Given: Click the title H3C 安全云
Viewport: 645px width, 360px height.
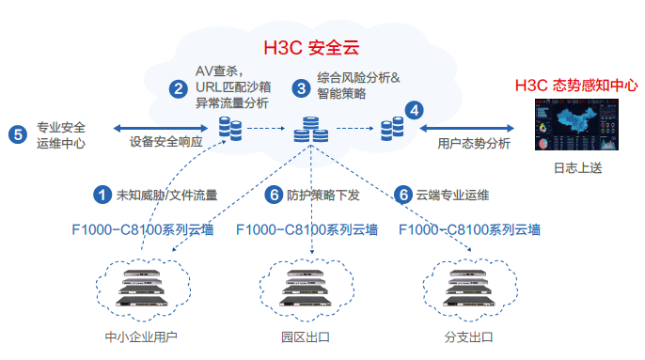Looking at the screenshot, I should point(316,45).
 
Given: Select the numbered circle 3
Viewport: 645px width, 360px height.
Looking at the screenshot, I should point(301,88).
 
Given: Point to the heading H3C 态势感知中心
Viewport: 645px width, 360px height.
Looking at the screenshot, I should point(576,85).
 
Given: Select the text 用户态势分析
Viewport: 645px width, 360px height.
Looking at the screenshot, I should point(475,144).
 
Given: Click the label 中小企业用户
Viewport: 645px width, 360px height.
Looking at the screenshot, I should point(142,337).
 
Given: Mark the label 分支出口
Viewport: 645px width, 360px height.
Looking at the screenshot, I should point(469,337).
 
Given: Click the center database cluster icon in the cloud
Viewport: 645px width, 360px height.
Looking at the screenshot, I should point(309,129).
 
